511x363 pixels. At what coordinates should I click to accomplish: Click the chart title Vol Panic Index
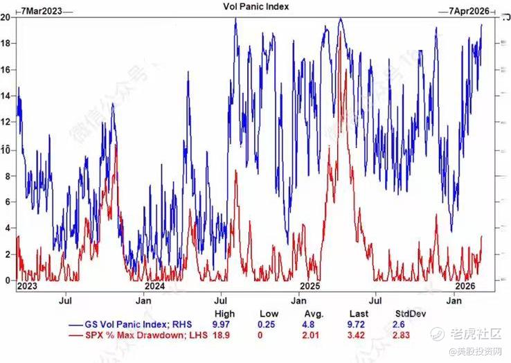[256, 6]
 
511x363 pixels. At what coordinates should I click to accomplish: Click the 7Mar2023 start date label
[40, 10]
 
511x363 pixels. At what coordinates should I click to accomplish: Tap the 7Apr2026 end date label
[469, 10]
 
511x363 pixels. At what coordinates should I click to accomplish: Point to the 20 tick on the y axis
[6, 17]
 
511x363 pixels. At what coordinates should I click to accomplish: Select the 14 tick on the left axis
[6, 96]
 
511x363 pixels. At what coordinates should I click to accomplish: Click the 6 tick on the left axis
[6, 202]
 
